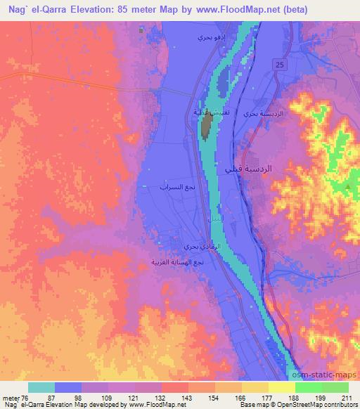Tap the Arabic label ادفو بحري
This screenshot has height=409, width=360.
tap(207, 36)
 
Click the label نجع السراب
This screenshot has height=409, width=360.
tap(173, 188)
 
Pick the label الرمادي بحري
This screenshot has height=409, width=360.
tap(192, 247)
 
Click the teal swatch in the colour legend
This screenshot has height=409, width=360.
tap(41, 387)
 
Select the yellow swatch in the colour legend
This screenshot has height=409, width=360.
tap(281, 387)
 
